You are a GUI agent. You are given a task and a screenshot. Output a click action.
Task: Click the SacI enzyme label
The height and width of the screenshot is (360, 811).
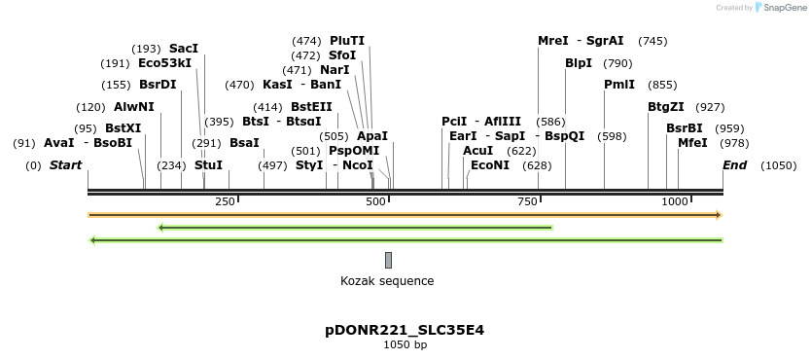click(x=184, y=48)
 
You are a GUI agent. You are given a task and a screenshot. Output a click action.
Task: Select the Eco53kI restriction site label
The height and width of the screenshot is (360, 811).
click(x=165, y=63)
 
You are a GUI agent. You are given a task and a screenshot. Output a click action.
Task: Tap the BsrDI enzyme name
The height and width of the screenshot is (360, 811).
click(x=158, y=85)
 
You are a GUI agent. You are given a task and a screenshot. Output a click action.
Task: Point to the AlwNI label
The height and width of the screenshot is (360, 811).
click(x=134, y=107)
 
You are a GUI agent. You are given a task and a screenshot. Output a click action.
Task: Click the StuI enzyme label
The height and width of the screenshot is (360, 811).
click(x=208, y=165)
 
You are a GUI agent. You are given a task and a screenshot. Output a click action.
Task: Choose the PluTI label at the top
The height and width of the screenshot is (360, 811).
click(x=347, y=41)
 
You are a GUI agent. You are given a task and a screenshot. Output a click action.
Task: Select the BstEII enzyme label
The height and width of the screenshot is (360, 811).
click(x=311, y=107)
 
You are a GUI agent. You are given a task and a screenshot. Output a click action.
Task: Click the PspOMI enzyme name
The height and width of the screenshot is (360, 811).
click(x=354, y=151)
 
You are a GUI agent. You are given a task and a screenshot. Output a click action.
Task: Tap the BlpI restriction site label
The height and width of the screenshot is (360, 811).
click(x=579, y=63)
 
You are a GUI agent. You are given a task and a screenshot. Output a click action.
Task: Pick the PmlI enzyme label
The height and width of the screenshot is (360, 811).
click(x=619, y=85)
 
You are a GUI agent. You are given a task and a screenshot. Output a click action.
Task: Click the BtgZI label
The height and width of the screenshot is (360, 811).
click(x=666, y=107)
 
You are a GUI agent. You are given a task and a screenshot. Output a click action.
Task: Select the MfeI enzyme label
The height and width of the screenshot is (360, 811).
click(x=693, y=143)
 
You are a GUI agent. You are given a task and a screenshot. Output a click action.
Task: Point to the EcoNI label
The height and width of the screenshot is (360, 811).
click(x=490, y=165)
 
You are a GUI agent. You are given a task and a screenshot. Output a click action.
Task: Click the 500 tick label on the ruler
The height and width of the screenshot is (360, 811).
click(x=376, y=201)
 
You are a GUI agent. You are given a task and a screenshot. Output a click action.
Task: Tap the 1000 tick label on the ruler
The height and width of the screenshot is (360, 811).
click(x=675, y=201)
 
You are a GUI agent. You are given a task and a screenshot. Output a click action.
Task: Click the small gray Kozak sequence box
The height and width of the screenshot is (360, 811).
click(x=388, y=260)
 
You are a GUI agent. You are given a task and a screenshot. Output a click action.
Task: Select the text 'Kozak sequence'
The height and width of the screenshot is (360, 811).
click(x=387, y=281)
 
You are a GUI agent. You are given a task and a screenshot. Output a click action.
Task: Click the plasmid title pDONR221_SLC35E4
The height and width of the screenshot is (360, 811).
click(x=405, y=330)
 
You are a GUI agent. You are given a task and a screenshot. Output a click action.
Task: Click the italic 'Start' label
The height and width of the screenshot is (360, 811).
click(x=65, y=165)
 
